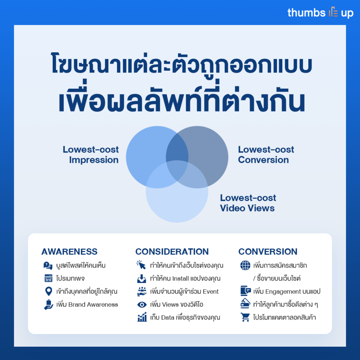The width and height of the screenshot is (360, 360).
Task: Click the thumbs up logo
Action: (x=320, y=13)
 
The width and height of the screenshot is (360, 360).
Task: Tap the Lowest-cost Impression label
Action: (x=91, y=155)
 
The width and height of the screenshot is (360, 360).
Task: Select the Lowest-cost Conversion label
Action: (x=266, y=155)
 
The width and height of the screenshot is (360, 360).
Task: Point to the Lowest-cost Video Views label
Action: (x=248, y=203)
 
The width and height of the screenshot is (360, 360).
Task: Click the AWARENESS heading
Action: (x=69, y=252)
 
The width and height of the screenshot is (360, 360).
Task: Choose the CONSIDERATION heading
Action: (x=172, y=252)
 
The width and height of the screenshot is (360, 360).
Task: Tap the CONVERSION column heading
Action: (x=268, y=252)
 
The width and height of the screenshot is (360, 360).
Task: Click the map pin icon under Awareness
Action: (x=49, y=291)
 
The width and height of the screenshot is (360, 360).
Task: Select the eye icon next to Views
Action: (x=142, y=305)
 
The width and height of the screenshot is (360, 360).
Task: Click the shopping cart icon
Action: (x=245, y=317)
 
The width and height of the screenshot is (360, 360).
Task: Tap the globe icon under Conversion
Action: (x=245, y=265)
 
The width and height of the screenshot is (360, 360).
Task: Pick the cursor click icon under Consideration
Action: (x=141, y=265)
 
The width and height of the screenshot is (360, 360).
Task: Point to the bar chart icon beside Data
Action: (x=142, y=317)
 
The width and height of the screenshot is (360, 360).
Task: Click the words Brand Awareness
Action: (x=93, y=304)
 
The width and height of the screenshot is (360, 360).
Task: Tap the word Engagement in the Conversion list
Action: (x=283, y=291)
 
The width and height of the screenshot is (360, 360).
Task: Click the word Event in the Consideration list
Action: (x=211, y=291)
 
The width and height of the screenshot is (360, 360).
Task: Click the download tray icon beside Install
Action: (x=142, y=278)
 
